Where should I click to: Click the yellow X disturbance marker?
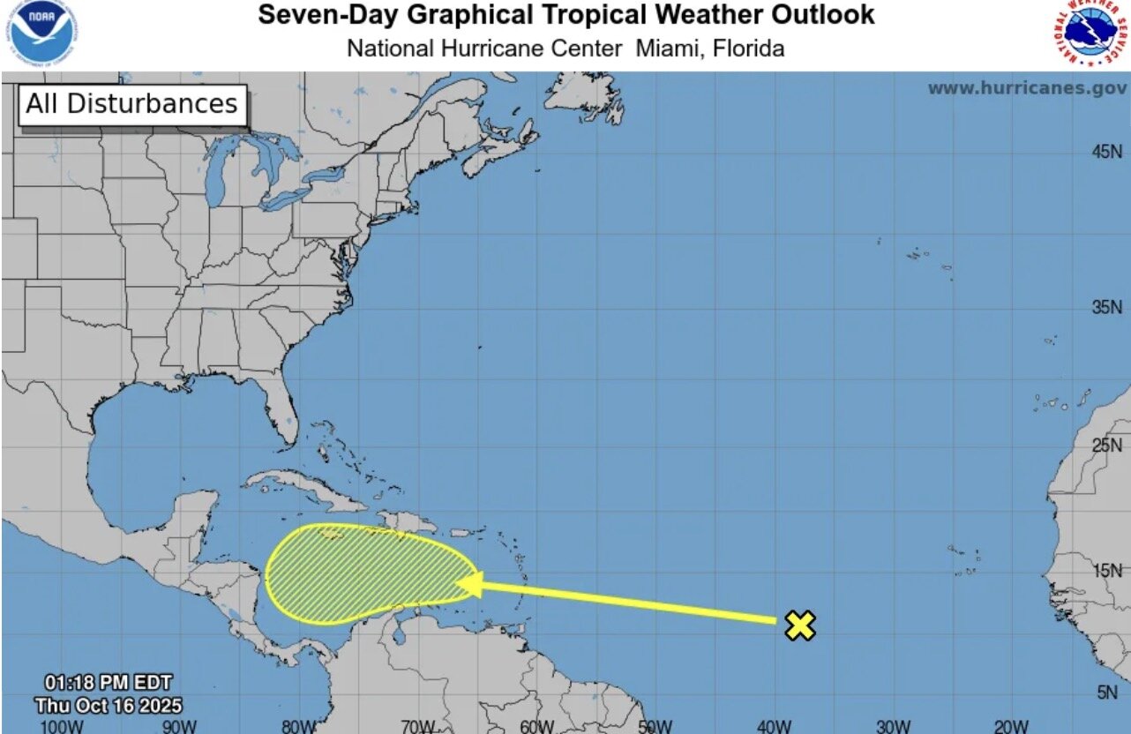(x=799, y=625)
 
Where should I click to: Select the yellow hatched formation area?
(x=362, y=573)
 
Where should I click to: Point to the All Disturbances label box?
(x=132, y=104)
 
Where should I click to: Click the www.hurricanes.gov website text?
(x=1027, y=88)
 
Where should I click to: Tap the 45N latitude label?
(x=1107, y=152)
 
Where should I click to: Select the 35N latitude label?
(x=1107, y=308)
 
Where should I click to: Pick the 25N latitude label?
(x=1107, y=445)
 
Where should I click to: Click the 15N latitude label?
(x=1107, y=570)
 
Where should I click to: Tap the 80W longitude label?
(x=298, y=726)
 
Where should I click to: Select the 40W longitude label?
(x=774, y=726)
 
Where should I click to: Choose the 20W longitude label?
(x=1011, y=726)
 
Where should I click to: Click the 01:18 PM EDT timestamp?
(x=109, y=683)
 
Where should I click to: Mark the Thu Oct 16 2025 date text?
(x=109, y=705)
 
